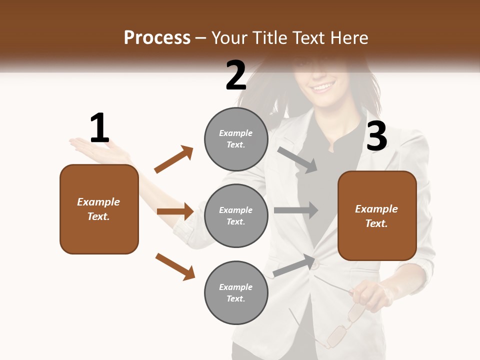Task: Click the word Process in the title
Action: [x=157, y=37]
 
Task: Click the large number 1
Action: [x=99, y=128]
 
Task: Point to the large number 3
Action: [x=376, y=136]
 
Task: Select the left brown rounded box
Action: [x=99, y=209]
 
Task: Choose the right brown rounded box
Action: [x=377, y=215]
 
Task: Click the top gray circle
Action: [x=236, y=139]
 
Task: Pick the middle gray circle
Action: [x=236, y=215]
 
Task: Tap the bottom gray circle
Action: [x=236, y=292]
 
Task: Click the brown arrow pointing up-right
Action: [x=174, y=159]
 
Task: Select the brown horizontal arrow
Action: [x=175, y=211]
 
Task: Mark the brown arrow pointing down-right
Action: [x=175, y=266]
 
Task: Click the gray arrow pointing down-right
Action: [x=297, y=160]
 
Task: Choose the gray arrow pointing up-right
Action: [x=294, y=265]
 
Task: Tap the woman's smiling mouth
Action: [x=322, y=87]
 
